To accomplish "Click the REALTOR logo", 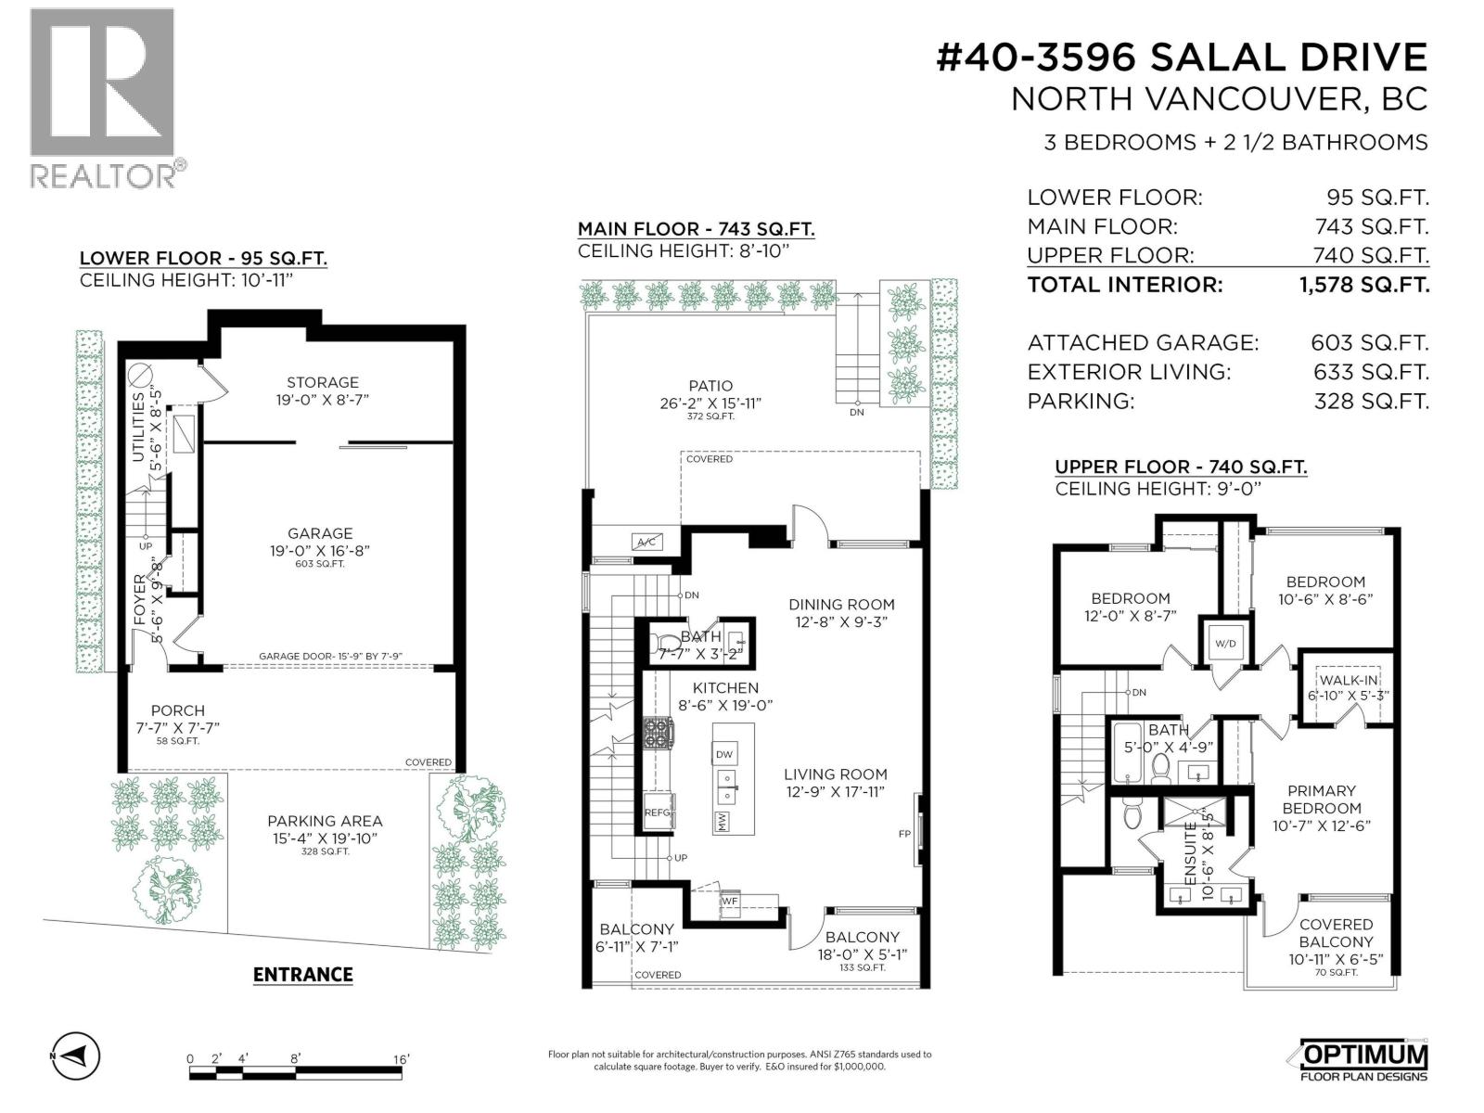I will click(x=102, y=97).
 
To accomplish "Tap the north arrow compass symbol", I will click(x=74, y=1055).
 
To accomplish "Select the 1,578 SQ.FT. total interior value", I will click(x=1364, y=285).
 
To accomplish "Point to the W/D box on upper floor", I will click(x=1225, y=644).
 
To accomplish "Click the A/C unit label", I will click(x=646, y=542).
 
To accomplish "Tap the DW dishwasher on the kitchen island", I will click(x=724, y=756).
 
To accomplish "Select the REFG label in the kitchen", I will click(x=657, y=812).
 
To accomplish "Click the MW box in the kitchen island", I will click(x=722, y=821).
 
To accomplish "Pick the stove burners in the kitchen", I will click(x=660, y=733).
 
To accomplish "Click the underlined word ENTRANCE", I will click(x=302, y=975).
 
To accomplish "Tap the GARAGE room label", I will click(x=320, y=533).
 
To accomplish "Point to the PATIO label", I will click(x=710, y=386).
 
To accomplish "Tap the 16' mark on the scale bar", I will click(x=401, y=1058).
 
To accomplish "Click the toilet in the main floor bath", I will click(x=666, y=643).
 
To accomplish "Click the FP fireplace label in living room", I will click(x=904, y=834).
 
